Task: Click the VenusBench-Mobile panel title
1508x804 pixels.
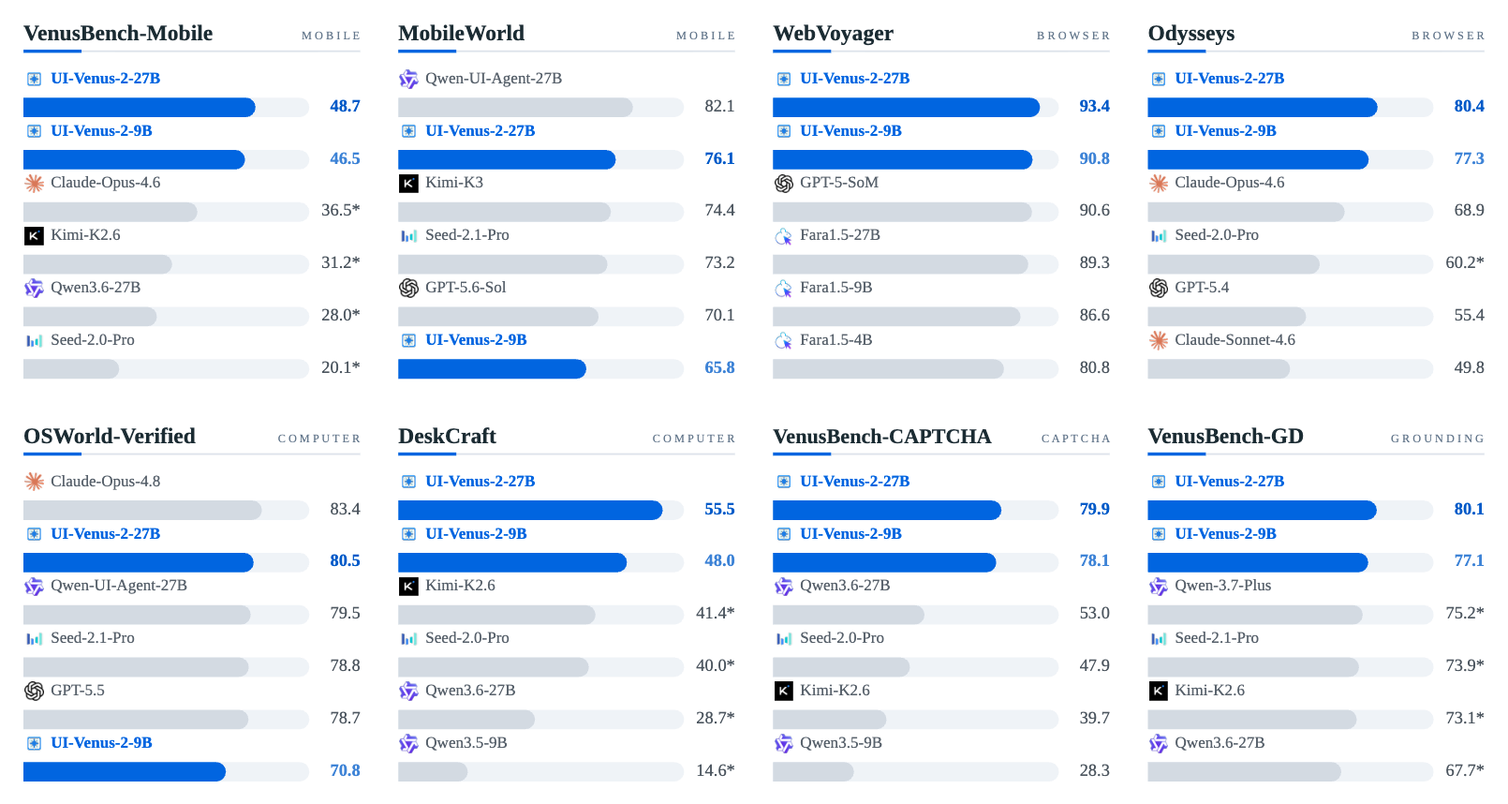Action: click(x=118, y=33)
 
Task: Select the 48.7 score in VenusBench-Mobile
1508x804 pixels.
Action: click(x=345, y=107)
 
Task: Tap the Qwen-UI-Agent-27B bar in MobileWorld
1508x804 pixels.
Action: click(x=515, y=107)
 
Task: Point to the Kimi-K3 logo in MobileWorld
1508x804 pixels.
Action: click(x=408, y=183)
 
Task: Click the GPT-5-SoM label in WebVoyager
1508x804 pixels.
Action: click(x=839, y=183)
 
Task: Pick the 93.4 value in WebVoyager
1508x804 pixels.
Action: click(x=1095, y=107)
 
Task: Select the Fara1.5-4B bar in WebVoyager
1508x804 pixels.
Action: click(x=888, y=369)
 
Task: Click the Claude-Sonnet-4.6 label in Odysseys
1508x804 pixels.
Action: click(x=1234, y=340)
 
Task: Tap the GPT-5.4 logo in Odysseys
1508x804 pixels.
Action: click(x=1159, y=289)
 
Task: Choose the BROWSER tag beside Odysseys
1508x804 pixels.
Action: click(x=1448, y=36)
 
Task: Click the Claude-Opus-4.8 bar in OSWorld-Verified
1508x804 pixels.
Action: click(x=142, y=510)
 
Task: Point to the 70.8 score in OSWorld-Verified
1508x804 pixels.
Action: click(x=345, y=770)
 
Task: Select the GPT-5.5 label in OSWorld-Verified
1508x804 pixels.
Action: click(x=78, y=691)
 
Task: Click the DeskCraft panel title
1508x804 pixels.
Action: click(x=447, y=437)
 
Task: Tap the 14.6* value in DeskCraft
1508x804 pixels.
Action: click(x=715, y=770)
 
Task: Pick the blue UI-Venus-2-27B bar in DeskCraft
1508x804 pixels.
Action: click(x=530, y=510)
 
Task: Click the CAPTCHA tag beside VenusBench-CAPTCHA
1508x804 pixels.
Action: click(x=1076, y=439)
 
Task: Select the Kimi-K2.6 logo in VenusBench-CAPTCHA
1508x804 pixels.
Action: click(x=784, y=691)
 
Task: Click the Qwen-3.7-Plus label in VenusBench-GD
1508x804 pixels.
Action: click(x=1222, y=585)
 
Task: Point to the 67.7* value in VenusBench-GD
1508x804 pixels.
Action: click(x=1465, y=770)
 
